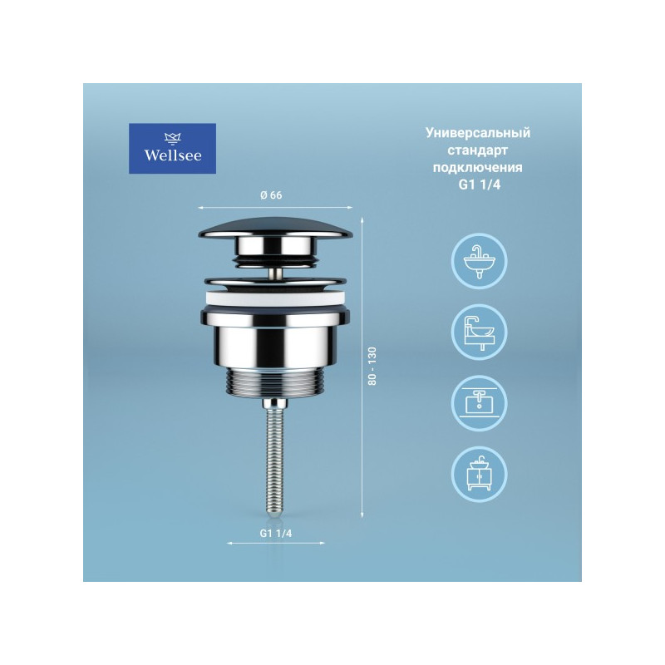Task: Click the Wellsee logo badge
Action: tap(172, 149)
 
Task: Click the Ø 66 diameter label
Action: tap(273, 195)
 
